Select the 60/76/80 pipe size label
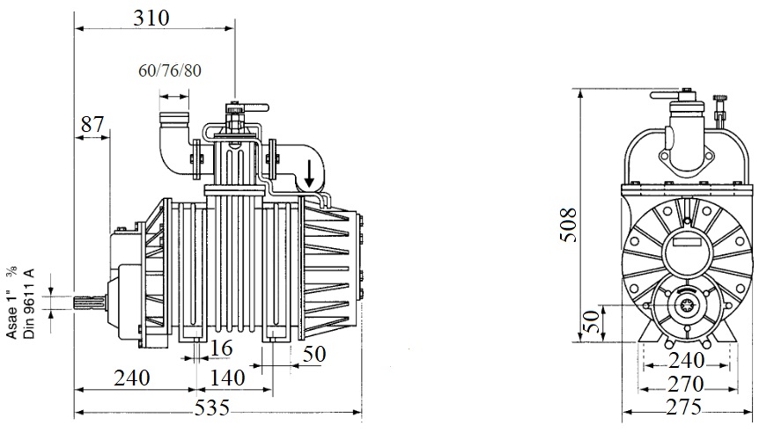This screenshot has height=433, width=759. tap(170, 70)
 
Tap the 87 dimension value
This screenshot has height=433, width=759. tap(92, 125)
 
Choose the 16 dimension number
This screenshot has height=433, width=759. tap(222, 349)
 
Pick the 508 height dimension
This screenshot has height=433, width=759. tap(567, 225)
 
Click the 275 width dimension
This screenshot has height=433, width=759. tap(685, 408)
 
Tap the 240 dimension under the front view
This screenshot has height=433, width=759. tap(685, 361)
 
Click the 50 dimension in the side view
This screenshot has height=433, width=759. tap(314, 355)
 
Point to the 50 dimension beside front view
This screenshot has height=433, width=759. tap(592, 321)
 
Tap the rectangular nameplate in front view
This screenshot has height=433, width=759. tap(689, 248)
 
